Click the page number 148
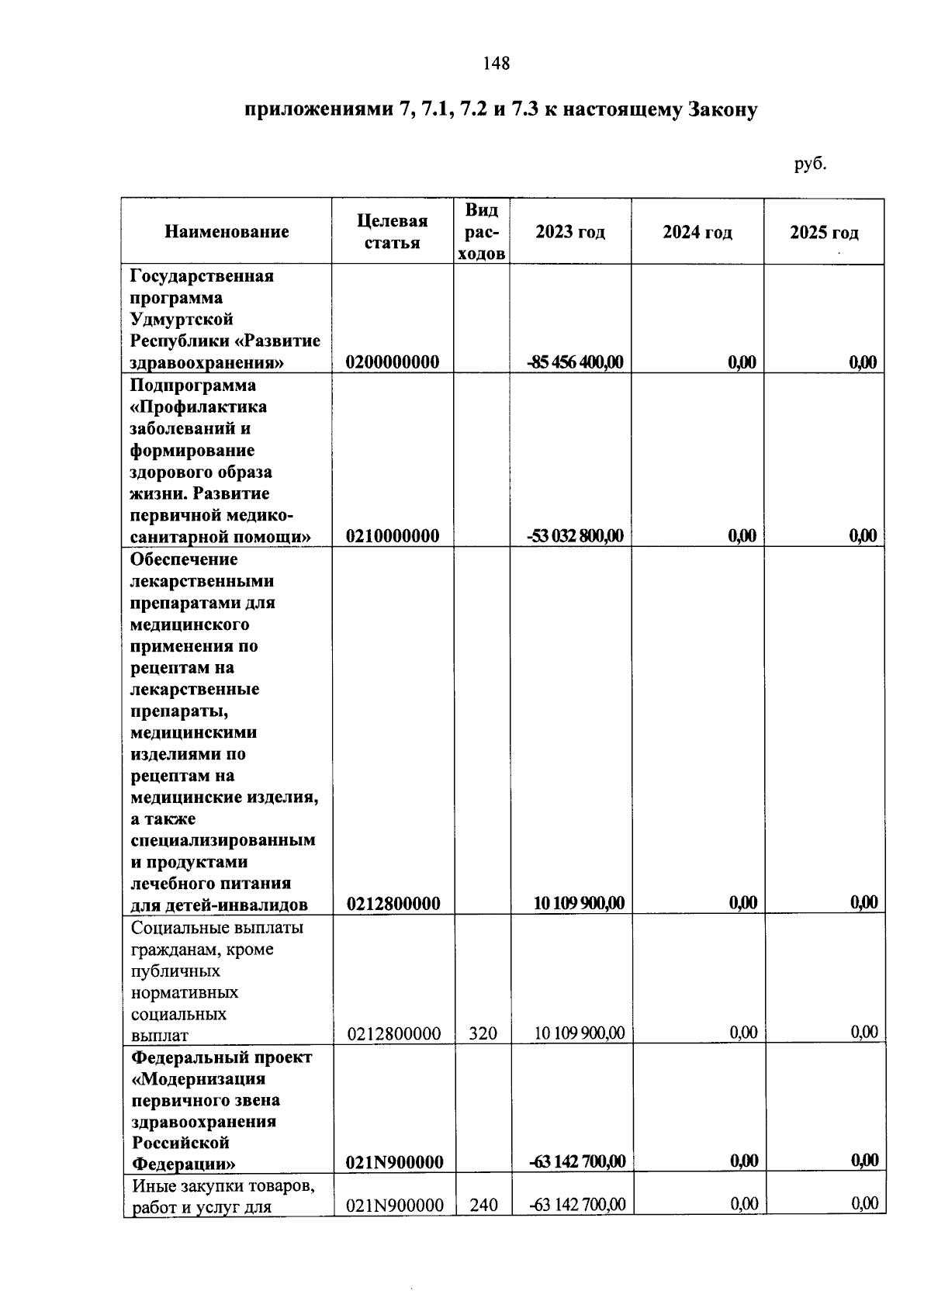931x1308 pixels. pos(496,64)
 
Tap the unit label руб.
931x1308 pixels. pos(810,164)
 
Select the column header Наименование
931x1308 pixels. pos(227,232)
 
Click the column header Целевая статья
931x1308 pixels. pos(393,232)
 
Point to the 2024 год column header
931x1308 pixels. pos(697,233)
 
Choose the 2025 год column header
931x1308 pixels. pos(824,233)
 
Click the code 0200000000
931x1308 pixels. pos(393,362)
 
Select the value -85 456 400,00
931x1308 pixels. pos(575,362)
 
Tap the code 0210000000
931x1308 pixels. pos(393,536)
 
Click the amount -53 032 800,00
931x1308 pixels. pos(575,536)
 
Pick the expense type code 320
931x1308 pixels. pos(483,1033)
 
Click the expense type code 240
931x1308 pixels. pos(483,1205)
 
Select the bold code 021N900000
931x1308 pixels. pos(395,1161)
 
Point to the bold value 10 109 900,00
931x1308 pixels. pos(579,903)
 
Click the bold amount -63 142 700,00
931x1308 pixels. pos(576,1161)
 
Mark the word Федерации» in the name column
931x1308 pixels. pos(184,1164)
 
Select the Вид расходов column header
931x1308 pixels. pos(482,232)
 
